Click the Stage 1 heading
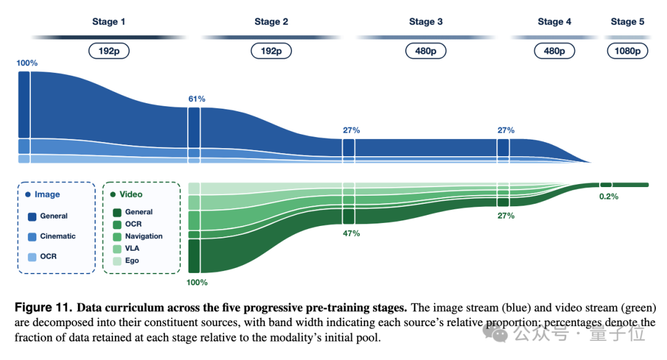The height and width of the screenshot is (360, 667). coord(109,22)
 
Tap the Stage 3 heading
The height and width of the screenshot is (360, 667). coord(426,22)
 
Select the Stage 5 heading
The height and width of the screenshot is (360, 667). coord(627,22)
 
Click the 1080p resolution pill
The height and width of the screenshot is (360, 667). coord(627,51)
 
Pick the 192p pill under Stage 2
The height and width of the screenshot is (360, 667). coord(271,51)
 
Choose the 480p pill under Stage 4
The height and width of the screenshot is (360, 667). coord(554,51)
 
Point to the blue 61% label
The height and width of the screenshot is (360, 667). coord(197,99)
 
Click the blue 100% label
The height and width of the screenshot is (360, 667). coord(27,63)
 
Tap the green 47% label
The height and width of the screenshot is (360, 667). coord(351,233)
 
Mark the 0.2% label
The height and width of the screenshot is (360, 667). coord(609,196)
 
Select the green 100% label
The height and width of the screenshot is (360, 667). coord(197,283)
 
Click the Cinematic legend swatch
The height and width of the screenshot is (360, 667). coord(32,237)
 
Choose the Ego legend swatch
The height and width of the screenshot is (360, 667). coord(117,261)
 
